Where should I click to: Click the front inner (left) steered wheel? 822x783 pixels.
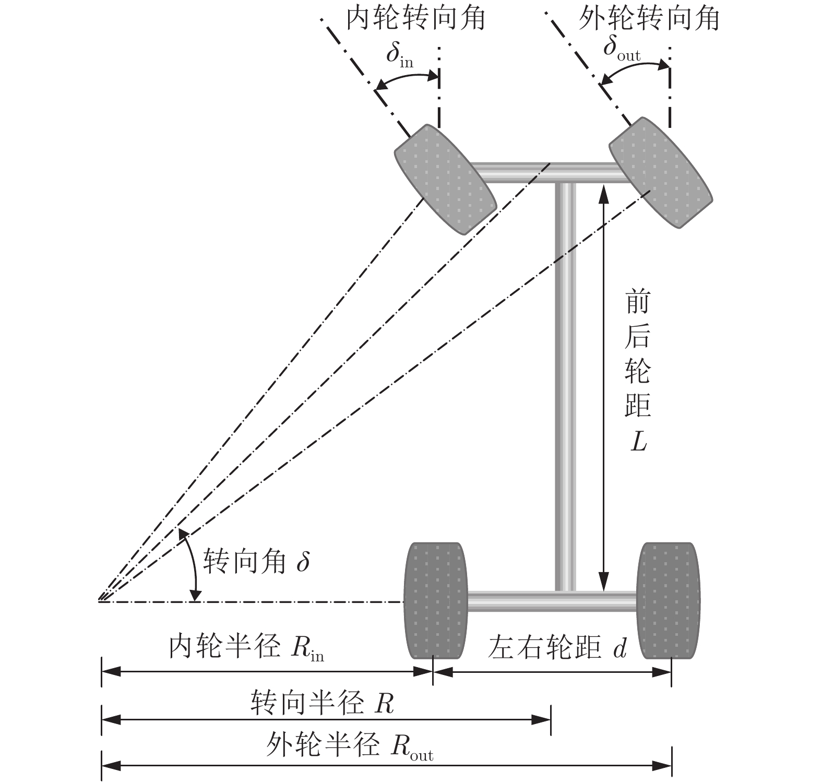[445, 180]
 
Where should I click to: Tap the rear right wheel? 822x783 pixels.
[669, 601]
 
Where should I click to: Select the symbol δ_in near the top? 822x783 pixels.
[400, 56]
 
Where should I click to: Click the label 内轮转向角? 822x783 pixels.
[416, 18]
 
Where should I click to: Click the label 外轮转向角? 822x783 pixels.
[649, 18]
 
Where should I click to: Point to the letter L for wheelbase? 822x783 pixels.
[638, 442]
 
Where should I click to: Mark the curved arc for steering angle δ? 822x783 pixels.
[192, 564]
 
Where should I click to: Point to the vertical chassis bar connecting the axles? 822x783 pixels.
[565, 386]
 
